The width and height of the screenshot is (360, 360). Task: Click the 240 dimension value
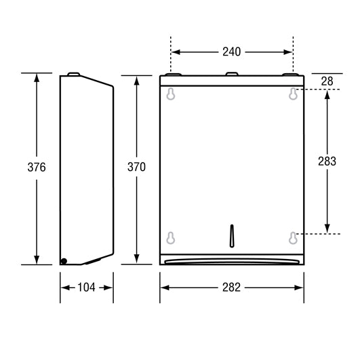pyautogui.click(x=232, y=51)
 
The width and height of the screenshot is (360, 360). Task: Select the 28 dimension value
pyautogui.click(x=327, y=81)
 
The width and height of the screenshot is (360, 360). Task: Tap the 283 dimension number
pyautogui.click(x=327, y=161)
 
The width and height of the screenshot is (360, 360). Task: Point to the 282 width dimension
pyautogui.click(x=231, y=287)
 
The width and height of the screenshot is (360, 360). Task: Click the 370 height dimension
pyautogui.click(x=136, y=167)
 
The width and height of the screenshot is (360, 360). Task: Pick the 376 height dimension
pyautogui.click(x=37, y=167)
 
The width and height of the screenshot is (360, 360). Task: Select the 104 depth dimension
pyautogui.click(x=86, y=287)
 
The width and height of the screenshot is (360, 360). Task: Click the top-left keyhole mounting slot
pyautogui.click(x=171, y=94)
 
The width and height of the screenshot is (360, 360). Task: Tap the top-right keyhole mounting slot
pyautogui.click(x=293, y=94)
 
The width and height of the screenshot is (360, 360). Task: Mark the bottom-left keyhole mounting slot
pyautogui.click(x=171, y=237)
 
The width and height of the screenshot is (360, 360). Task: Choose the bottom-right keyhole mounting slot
pyautogui.click(x=293, y=237)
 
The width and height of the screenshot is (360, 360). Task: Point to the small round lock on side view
pyautogui.click(x=64, y=261)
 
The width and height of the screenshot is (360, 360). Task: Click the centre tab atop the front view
pyautogui.click(x=232, y=74)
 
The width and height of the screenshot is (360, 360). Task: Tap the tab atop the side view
pyautogui.click(x=75, y=74)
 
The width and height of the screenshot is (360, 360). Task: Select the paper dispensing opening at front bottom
pyautogui.click(x=232, y=259)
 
